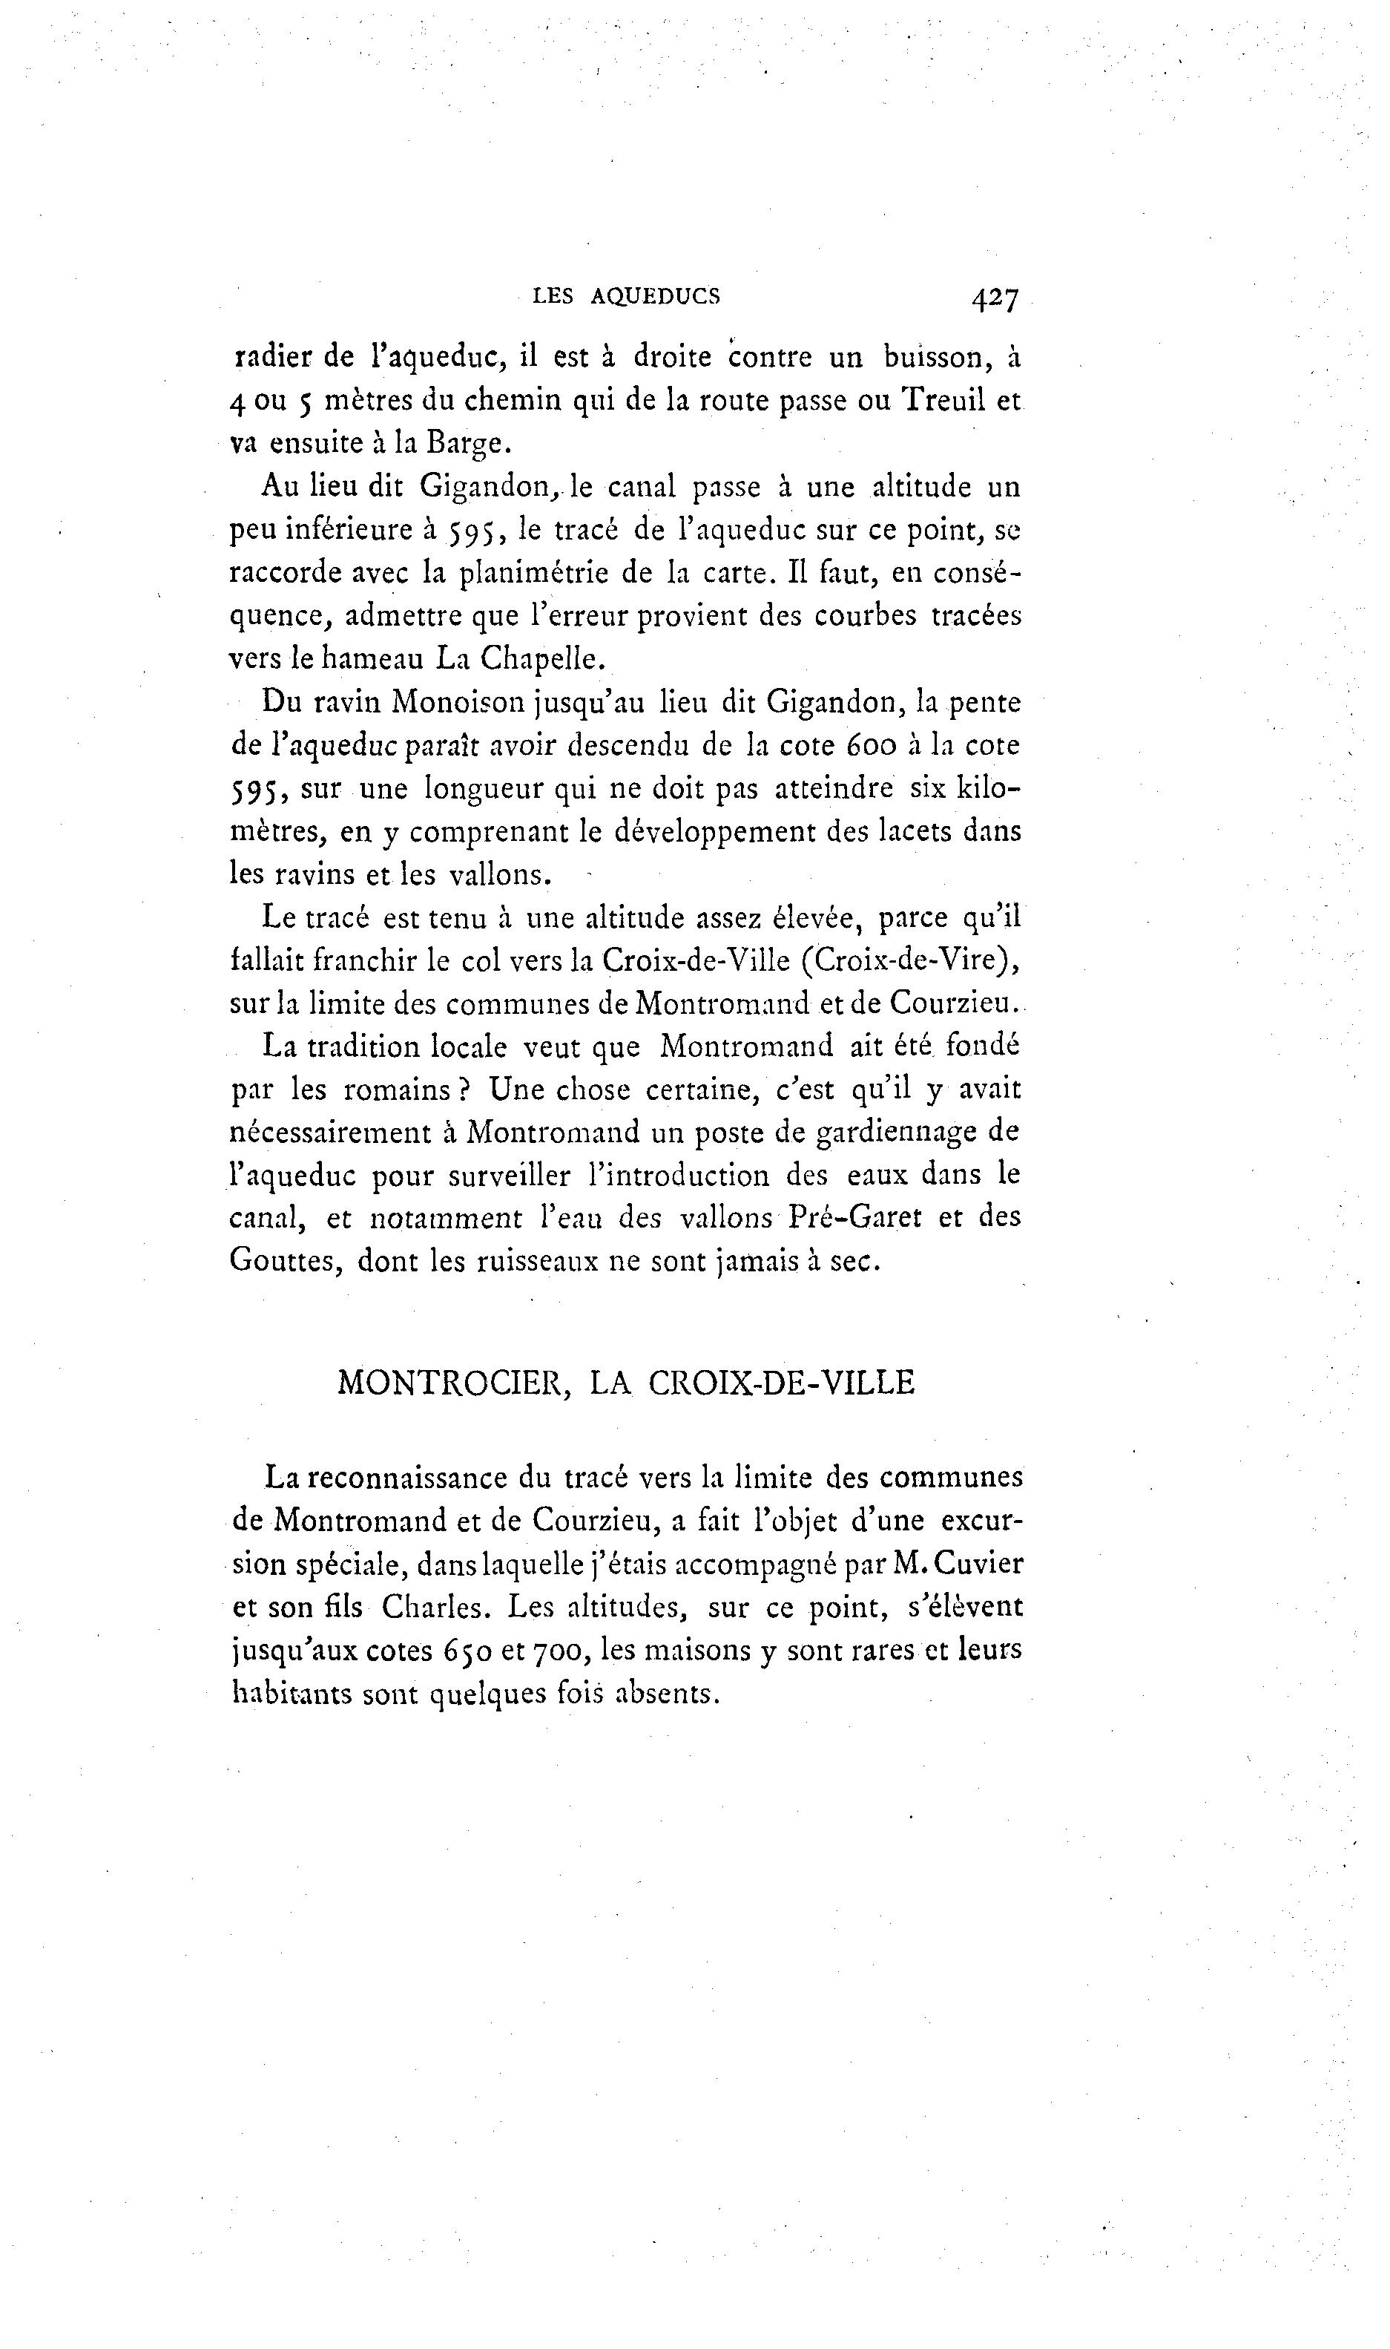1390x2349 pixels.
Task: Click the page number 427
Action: [995, 299]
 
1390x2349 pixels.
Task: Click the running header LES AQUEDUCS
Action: [626, 297]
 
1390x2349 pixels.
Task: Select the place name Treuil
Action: [943, 400]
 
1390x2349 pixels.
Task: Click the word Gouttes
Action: [285, 1261]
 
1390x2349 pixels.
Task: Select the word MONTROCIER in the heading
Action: [453, 1383]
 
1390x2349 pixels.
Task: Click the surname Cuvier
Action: [980, 1564]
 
